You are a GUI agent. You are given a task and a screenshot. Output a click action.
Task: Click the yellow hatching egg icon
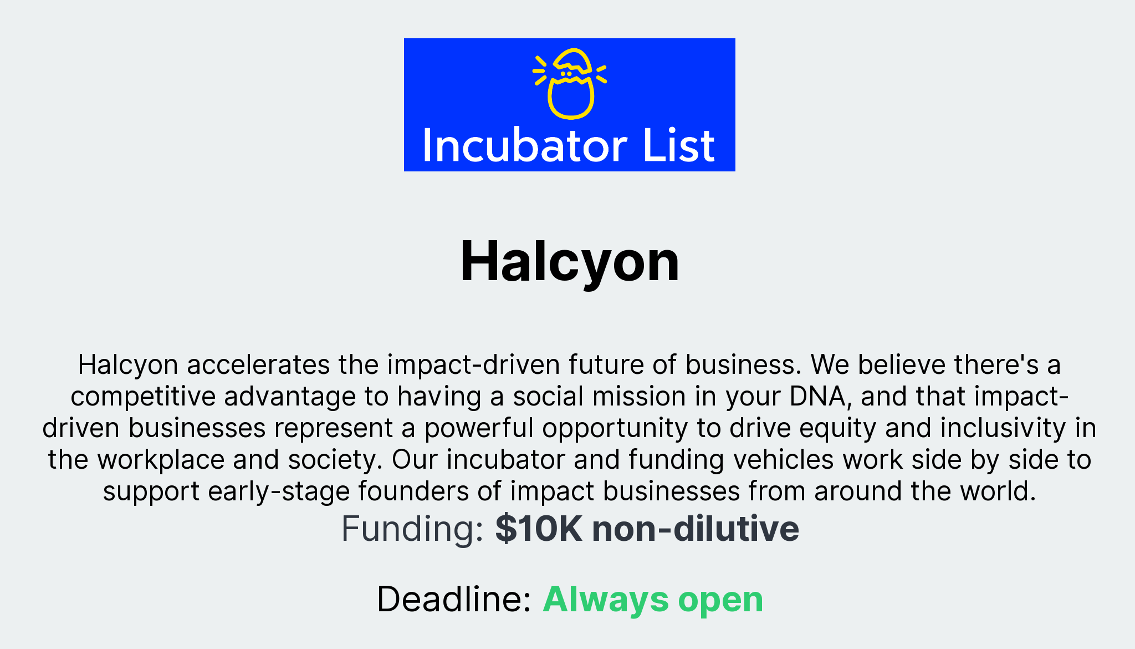[x=570, y=84]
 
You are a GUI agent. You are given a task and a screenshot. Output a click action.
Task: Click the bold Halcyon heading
[x=569, y=261]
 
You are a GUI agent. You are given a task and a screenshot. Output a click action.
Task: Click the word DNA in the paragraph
[x=817, y=397]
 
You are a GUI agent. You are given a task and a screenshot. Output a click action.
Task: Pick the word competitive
[x=142, y=397]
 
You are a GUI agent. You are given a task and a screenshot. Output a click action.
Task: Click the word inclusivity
[x=1003, y=428]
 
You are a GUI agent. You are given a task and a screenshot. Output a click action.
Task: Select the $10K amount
[x=538, y=529]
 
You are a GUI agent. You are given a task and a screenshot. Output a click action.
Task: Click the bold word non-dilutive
[x=696, y=529]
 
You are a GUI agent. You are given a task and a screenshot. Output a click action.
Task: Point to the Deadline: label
[x=454, y=600]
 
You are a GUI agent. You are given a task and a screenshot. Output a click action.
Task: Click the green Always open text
[x=653, y=600]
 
